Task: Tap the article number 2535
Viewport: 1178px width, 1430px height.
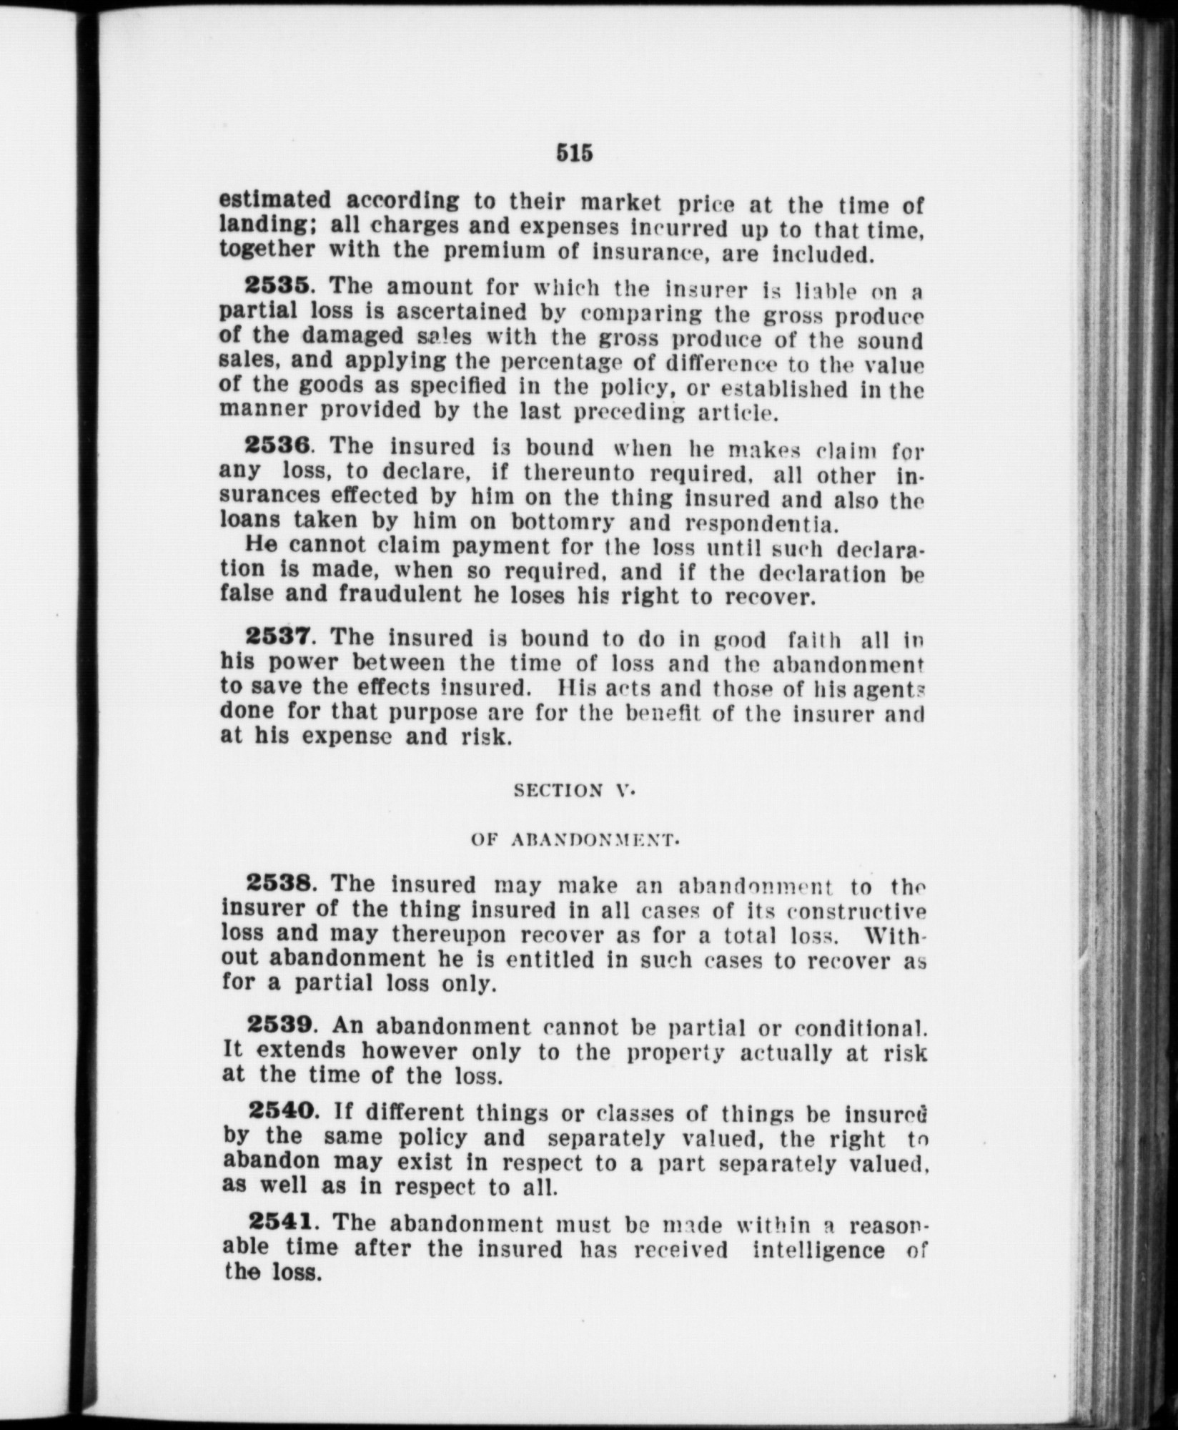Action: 277,286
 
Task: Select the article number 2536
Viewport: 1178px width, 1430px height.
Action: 277,447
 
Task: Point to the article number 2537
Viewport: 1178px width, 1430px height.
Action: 278,636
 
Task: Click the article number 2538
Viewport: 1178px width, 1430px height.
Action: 278,884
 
